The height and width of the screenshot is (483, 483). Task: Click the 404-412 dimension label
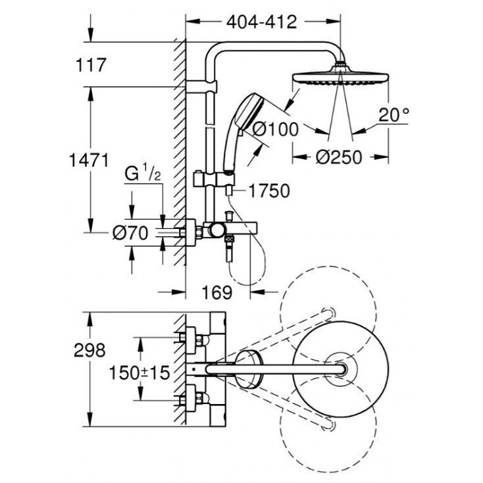pos(261,21)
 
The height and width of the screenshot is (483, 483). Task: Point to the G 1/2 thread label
pos(142,175)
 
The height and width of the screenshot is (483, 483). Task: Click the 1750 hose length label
pos(269,191)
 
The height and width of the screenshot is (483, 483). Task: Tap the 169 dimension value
pos(216,292)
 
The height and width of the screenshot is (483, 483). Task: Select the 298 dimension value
pos(90,349)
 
